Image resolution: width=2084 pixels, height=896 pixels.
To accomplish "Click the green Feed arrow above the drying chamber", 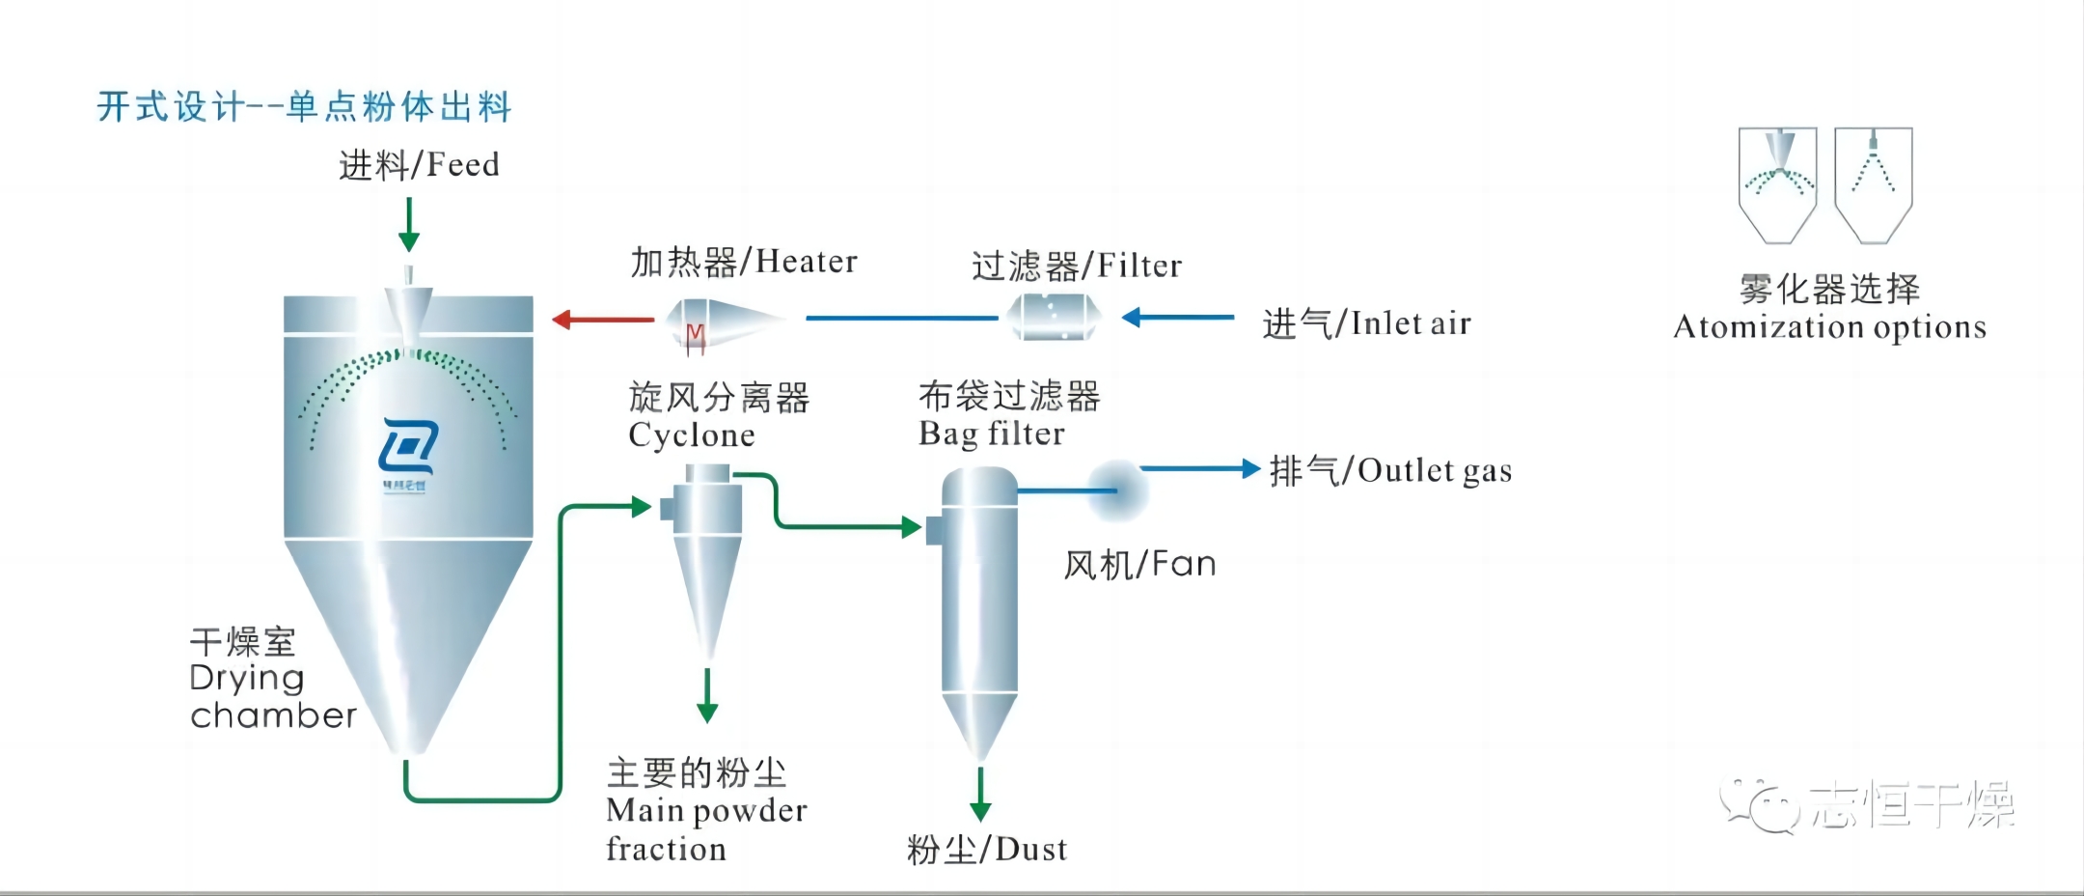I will pyautogui.click(x=409, y=225).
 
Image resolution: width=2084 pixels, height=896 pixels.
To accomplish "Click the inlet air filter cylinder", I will pyautogui.click(x=1054, y=317).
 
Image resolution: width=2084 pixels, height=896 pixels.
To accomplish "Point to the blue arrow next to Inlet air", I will pyautogui.click(x=1177, y=317).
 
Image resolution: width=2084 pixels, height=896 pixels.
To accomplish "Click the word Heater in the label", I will pyautogui.click(x=806, y=262).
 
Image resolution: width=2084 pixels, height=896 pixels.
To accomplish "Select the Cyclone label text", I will pyautogui.click(x=691, y=435).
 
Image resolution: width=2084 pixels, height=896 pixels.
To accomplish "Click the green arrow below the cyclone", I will pyautogui.click(x=707, y=695).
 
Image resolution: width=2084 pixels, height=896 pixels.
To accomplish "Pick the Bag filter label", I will pyautogui.click(x=991, y=434).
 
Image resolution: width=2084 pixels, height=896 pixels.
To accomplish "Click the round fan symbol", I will pyautogui.click(x=1119, y=489).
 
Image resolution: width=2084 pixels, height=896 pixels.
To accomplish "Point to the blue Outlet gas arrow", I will pyautogui.click(x=1201, y=469).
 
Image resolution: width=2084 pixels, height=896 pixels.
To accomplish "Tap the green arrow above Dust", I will pyautogui.click(x=980, y=795).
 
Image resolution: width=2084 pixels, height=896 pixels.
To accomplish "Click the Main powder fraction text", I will pyautogui.click(x=705, y=829).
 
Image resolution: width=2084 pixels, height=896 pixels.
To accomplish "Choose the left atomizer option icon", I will pyautogui.click(x=1777, y=184).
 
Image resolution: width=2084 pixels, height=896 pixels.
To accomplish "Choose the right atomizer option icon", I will pyautogui.click(x=1873, y=184).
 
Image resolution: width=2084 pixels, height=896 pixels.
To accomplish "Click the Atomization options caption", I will pyautogui.click(x=1829, y=327).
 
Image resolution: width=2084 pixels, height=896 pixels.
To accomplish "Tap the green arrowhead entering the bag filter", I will pyautogui.click(x=909, y=527).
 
